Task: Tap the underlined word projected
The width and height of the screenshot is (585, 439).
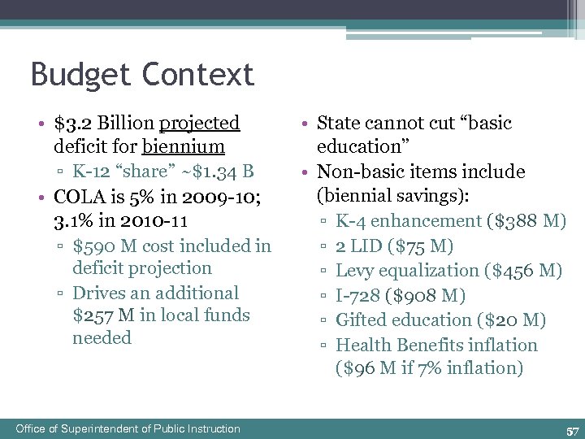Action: coord(200,124)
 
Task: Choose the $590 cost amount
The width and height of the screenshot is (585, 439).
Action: coord(94,246)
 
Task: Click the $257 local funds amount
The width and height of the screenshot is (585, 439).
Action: coord(93,315)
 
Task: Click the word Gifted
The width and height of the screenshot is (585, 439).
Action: coord(361,320)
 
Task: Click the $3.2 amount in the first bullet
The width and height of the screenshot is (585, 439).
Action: coord(71,124)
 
